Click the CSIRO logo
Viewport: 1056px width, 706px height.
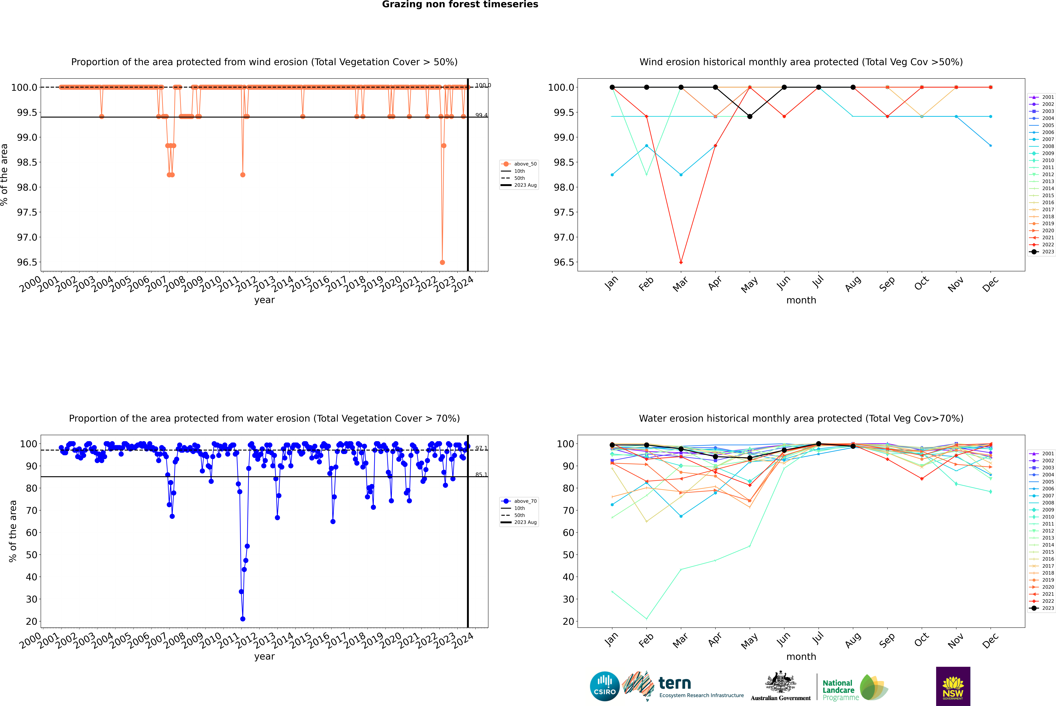click(605, 686)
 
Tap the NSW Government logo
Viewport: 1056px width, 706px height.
click(953, 686)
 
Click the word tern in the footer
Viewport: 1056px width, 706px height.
click(674, 683)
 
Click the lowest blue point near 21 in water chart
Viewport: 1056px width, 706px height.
click(243, 619)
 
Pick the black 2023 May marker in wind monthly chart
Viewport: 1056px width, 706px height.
click(750, 117)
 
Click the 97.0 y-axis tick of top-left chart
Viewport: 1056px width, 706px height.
click(27, 237)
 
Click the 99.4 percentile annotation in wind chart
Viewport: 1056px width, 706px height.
click(481, 115)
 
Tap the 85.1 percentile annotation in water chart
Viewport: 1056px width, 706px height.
click(481, 475)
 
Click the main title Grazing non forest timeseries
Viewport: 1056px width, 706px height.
click(460, 4)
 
